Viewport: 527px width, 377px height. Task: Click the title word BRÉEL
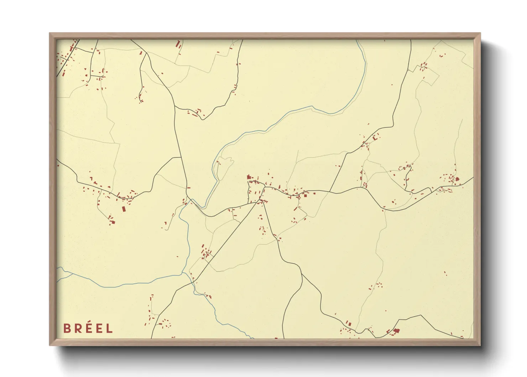[88, 328]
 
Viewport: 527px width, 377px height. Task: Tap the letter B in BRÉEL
[66, 328]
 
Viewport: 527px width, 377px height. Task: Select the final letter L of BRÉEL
[109, 328]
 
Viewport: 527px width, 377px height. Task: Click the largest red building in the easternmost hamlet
[457, 179]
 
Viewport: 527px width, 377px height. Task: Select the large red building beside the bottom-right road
[396, 331]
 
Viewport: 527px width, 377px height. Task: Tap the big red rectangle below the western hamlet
[124, 209]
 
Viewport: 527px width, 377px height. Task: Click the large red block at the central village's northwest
[249, 177]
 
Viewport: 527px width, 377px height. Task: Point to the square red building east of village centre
[305, 195]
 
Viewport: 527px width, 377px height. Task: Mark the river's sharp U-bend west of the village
[203, 207]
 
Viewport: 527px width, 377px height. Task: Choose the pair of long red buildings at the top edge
[178, 45]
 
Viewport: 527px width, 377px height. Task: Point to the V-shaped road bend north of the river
[202, 119]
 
